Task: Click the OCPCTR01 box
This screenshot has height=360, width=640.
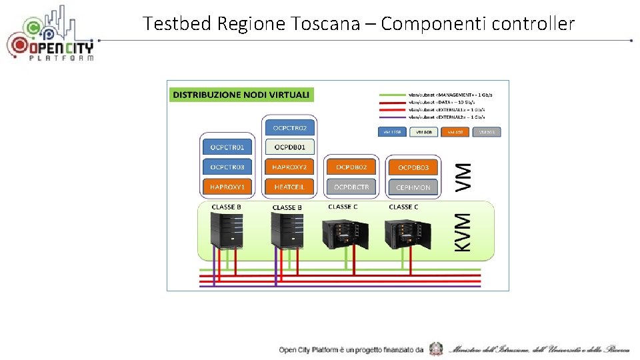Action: point(227,147)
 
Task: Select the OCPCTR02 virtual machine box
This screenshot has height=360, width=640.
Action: point(289,127)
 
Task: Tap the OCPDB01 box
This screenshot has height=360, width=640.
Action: point(289,147)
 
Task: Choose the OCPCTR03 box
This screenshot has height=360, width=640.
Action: point(227,167)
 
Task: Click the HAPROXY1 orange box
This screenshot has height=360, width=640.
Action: point(227,187)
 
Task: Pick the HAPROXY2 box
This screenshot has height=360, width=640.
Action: point(289,167)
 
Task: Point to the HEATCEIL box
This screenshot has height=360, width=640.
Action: point(289,187)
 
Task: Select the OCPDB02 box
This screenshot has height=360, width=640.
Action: point(351,167)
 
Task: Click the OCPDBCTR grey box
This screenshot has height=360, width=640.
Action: point(351,187)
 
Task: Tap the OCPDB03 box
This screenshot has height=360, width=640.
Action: point(413,167)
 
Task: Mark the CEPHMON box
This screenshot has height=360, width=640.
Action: point(413,187)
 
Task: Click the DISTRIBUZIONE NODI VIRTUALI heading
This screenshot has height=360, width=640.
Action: point(241,95)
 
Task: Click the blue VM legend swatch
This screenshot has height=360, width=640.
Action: point(391,132)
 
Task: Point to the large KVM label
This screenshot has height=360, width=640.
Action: point(463,232)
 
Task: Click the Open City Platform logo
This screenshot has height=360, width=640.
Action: point(51,35)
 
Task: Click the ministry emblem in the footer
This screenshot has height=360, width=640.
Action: point(436,349)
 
